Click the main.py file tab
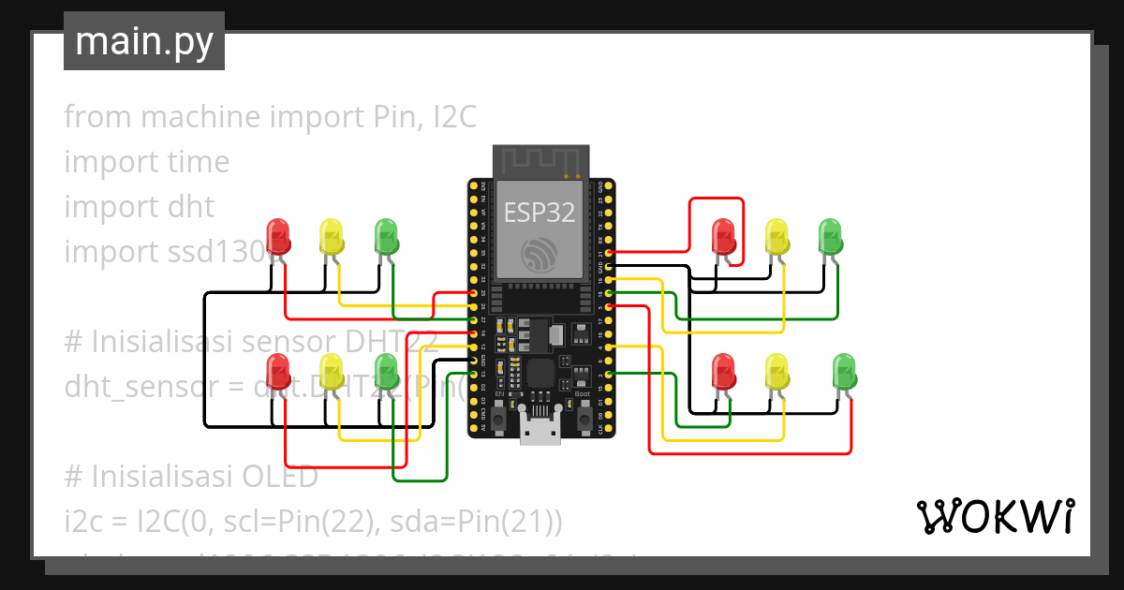143,41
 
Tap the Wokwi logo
994,516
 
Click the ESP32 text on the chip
540,213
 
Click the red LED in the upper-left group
278,235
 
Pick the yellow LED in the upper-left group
332,235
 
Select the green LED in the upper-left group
386,235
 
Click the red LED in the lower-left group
278,371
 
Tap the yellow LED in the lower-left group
332,371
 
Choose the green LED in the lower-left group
386,371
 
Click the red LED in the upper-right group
723,236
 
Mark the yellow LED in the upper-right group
776,236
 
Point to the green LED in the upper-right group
830,236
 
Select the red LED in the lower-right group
723,371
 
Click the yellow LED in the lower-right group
776,371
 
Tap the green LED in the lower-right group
844,371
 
